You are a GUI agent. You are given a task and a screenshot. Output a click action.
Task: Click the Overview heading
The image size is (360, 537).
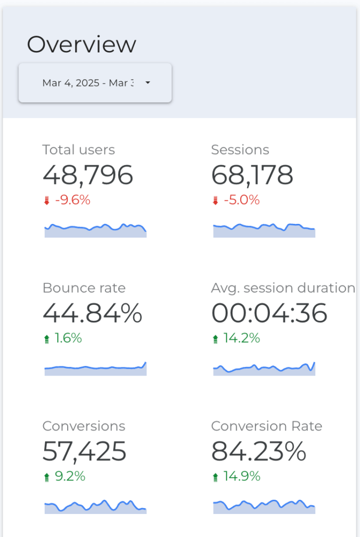click(x=81, y=45)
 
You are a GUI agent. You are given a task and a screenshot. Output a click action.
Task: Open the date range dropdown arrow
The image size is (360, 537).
click(x=147, y=83)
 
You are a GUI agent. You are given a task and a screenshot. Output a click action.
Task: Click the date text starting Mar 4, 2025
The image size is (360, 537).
click(x=88, y=83)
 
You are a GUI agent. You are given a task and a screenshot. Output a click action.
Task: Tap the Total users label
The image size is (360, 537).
click(x=79, y=149)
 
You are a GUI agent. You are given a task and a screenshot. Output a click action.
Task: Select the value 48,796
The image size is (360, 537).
click(x=88, y=175)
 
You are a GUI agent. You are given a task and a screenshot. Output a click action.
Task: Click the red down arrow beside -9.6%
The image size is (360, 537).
click(x=47, y=200)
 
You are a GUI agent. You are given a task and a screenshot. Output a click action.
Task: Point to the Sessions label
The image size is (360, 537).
click(x=240, y=149)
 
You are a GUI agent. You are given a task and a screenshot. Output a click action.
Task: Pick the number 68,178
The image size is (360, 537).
click(x=252, y=175)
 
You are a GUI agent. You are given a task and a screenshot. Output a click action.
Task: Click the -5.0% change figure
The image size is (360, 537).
click(x=242, y=200)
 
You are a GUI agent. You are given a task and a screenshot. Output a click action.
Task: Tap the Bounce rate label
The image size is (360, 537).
click(x=84, y=288)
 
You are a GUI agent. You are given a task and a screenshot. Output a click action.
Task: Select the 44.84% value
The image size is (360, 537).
click(x=92, y=313)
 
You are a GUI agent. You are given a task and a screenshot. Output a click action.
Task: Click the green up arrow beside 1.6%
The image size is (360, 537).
click(x=47, y=339)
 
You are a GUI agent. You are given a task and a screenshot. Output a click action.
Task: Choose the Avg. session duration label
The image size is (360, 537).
click(x=283, y=288)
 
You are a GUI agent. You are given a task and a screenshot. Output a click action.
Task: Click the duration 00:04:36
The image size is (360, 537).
click(x=269, y=313)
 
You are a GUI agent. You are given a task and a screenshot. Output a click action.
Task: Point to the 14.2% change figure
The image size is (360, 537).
click(x=242, y=339)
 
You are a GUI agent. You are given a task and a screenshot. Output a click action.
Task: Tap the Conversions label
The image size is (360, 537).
click(x=84, y=426)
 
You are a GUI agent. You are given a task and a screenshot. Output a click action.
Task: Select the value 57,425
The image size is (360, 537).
click(x=84, y=451)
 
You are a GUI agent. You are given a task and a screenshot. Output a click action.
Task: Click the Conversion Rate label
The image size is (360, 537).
click(x=267, y=426)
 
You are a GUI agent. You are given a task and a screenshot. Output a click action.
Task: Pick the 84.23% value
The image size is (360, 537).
click(x=258, y=451)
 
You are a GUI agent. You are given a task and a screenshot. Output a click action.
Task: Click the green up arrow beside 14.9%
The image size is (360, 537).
click(x=215, y=477)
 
